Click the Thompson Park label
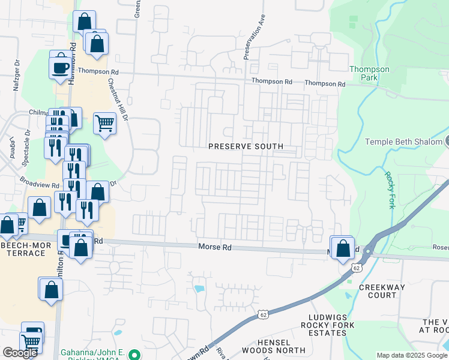point(369,73)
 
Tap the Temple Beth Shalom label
point(403,142)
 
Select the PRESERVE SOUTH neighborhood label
point(246,146)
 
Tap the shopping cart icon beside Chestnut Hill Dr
point(104,123)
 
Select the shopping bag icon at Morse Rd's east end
point(343,248)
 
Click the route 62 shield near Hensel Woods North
point(264,314)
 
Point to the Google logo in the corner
point(20,353)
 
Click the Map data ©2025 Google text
point(412,355)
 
